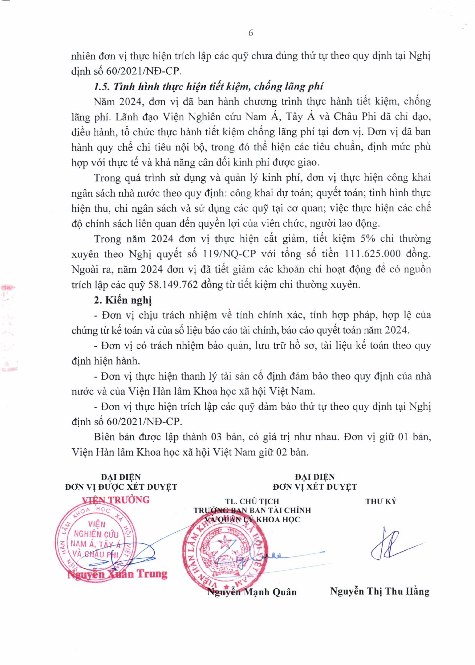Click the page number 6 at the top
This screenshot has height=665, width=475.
250,33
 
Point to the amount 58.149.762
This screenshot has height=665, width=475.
173,284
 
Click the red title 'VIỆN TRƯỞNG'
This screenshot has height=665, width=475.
116,500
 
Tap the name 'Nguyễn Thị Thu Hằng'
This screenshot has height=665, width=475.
380,591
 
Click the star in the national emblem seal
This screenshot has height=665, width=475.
225,543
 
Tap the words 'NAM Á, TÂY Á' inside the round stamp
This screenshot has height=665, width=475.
95,544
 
